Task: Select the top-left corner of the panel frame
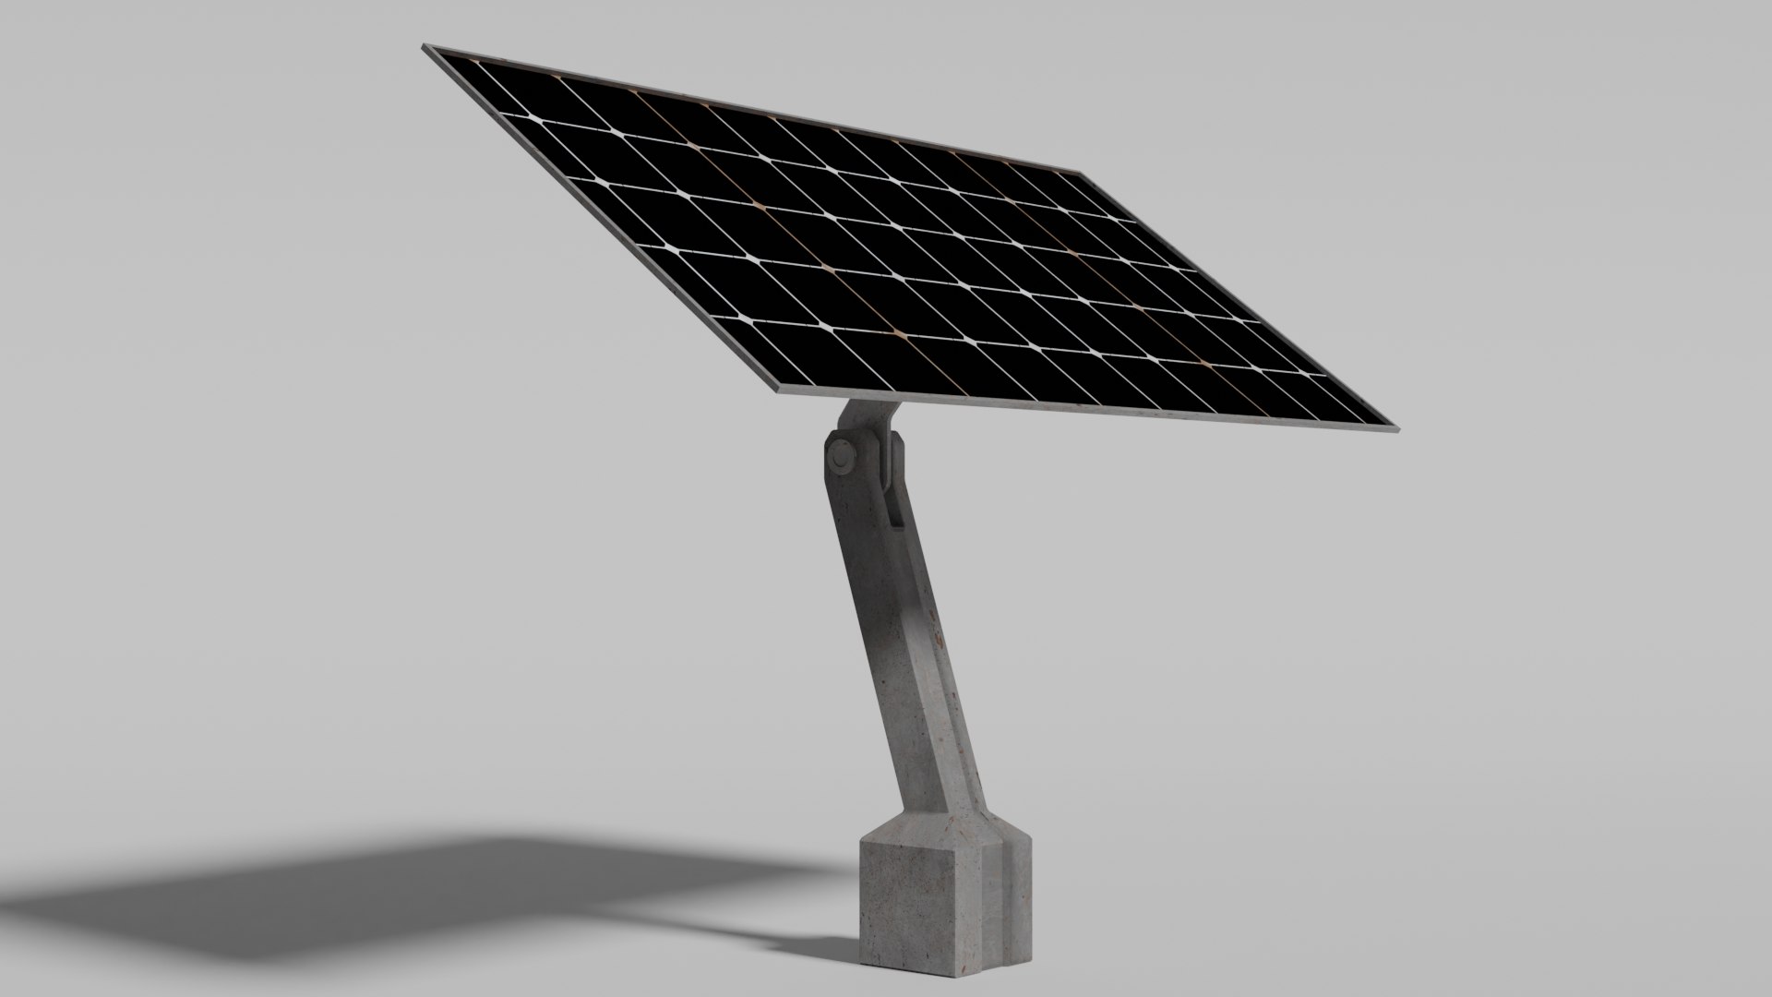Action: coord(425,46)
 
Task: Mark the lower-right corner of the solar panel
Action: coord(1394,429)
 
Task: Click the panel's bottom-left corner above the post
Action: coord(776,391)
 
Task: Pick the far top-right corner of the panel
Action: coord(1080,172)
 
